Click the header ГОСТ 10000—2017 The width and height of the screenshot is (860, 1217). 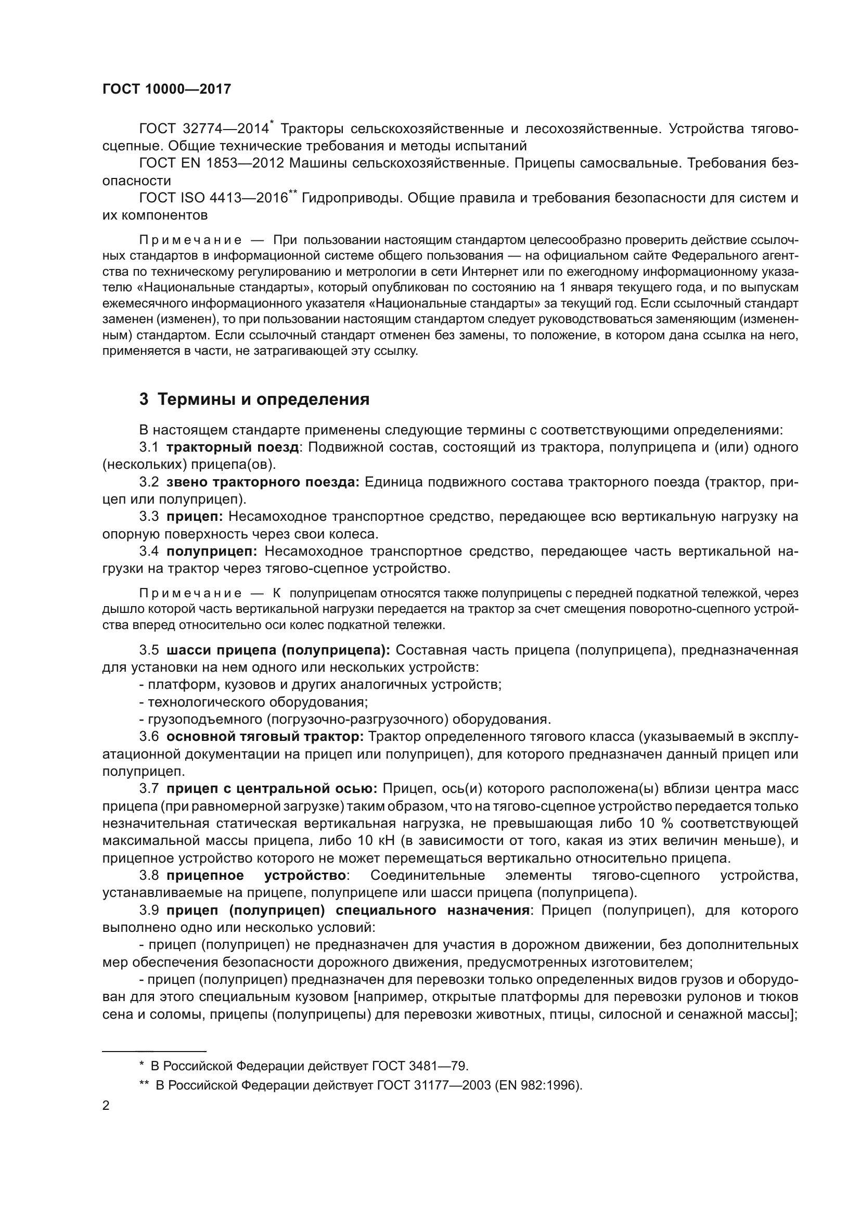point(166,89)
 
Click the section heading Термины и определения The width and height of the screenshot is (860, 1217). point(263,399)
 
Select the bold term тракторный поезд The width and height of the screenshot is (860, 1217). point(233,447)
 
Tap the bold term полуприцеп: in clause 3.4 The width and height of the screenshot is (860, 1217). point(211,551)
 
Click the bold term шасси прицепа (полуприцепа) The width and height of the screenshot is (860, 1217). point(278,650)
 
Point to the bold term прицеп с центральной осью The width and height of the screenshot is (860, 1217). point(272,789)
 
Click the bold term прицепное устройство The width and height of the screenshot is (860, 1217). point(256,875)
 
